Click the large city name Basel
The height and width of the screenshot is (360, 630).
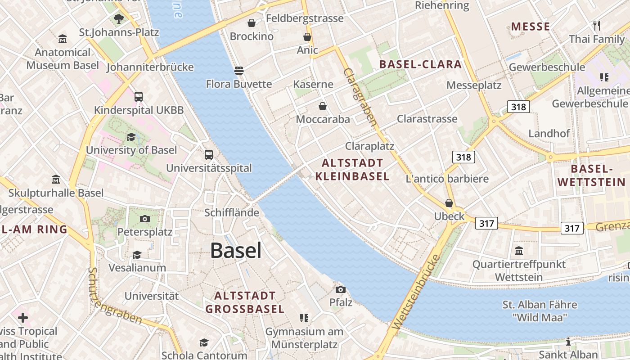tap(235, 250)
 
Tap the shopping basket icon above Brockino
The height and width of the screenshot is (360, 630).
tap(252, 22)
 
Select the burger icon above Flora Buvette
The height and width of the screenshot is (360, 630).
tap(238, 70)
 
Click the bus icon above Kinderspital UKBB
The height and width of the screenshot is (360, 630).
tap(139, 96)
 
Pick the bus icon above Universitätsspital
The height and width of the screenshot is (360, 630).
tap(208, 154)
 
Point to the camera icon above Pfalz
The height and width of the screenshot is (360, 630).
tap(341, 289)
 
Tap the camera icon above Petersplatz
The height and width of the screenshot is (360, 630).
tap(144, 219)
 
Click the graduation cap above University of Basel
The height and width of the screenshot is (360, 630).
tap(131, 137)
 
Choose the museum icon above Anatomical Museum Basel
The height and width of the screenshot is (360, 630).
tap(63, 39)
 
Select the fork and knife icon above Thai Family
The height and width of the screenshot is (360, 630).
tap(597, 25)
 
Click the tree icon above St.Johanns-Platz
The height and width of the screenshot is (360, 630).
tap(119, 18)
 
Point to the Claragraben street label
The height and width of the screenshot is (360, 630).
tap(360, 97)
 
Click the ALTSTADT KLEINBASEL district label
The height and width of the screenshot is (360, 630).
tap(352, 170)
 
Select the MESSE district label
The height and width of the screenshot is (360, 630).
tap(531, 27)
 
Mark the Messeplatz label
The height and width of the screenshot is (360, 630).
tap(474, 85)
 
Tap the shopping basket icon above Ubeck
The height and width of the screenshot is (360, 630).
tap(449, 203)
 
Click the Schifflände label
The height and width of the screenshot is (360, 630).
tap(232, 213)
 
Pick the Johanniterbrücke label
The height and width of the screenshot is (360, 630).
tap(150, 67)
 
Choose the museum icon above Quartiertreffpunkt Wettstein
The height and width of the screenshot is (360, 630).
tap(519, 251)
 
